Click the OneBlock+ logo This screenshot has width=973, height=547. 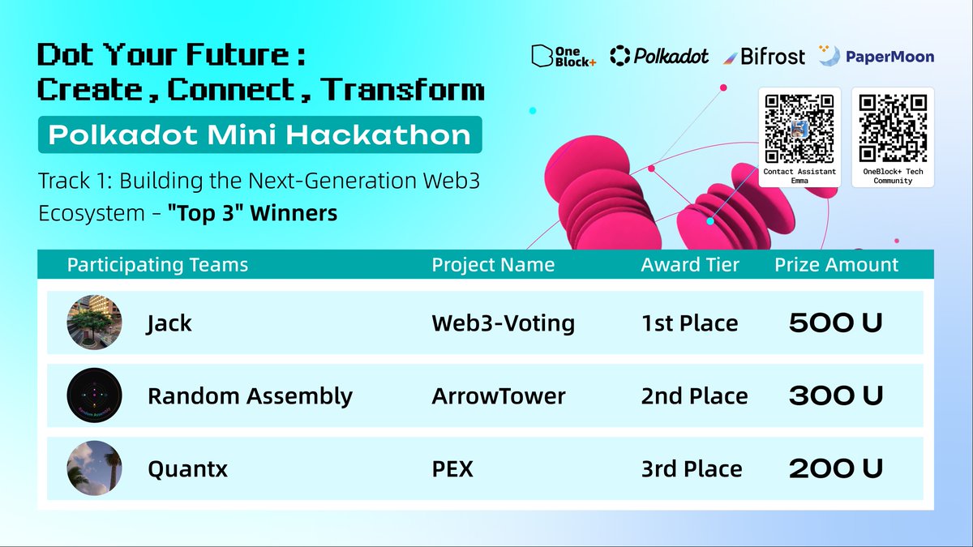(564, 56)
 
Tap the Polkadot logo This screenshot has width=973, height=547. (659, 56)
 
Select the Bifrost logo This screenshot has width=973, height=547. (764, 57)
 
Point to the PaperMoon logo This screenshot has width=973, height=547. (877, 56)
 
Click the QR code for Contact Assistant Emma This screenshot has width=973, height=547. (799, 130)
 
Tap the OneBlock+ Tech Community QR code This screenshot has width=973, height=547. (893, 129)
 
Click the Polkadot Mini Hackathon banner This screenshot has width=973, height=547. (259, 135)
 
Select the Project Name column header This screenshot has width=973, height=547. (493, 264)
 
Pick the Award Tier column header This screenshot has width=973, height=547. (690, 264)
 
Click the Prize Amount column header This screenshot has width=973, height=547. (836, 264)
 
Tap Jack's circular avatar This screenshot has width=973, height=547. (94, 323)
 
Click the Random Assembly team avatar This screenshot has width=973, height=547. (94, 395)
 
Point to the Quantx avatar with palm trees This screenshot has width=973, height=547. (94, 468)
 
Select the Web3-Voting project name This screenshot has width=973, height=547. (503, 324)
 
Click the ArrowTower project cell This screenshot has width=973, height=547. (499, 396)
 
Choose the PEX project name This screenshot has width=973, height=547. (452, 469)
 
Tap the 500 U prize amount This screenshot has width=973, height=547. (836, 323)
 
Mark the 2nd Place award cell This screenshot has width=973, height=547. (694, 396)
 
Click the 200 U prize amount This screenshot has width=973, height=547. (836, 469)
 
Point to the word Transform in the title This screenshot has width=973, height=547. (402, 89)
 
